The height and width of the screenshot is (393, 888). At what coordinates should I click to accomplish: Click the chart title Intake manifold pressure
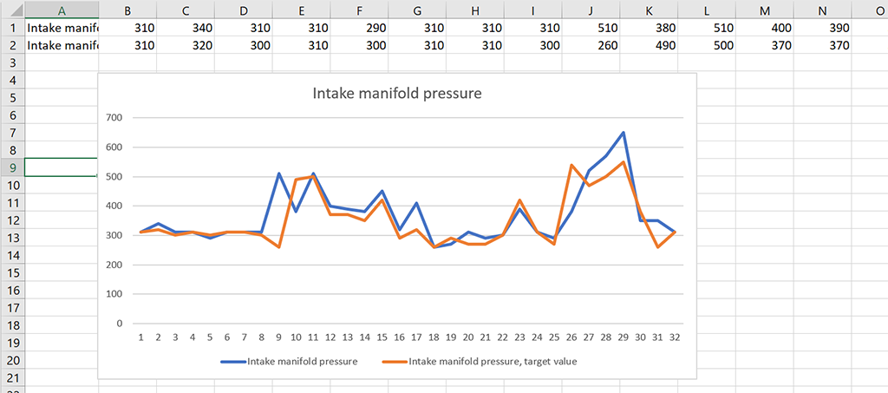[x=396, y=93]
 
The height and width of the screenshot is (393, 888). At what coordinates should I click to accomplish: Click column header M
[x=764, y=10]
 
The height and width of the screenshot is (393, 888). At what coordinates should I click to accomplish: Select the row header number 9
[x=12, y=167]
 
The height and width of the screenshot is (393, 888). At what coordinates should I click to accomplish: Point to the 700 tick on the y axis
[x=114, y=117]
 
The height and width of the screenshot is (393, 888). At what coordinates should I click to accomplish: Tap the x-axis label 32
[x=674, y=337]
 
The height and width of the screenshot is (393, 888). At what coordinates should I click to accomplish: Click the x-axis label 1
[x=140, y=337]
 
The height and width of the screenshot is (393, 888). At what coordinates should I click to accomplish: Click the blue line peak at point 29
[x=623, y=133]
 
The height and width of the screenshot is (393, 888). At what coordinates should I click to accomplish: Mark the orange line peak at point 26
[x=571, y=165]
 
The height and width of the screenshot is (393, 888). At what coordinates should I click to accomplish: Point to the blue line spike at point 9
[x=278, y=174]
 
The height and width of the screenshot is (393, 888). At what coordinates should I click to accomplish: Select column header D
[x=244, y=10]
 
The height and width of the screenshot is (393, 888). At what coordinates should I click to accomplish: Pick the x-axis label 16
[x=399, y=337]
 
